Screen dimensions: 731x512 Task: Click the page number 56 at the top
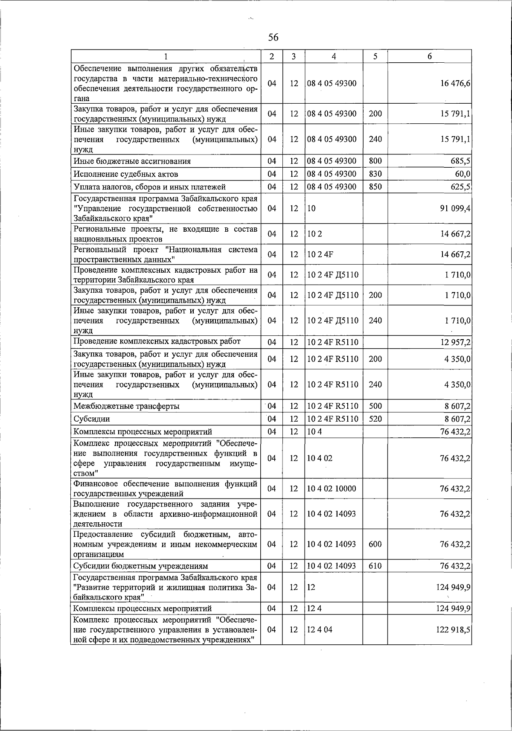click(273, 38)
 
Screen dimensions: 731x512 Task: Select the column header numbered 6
click(429, 56)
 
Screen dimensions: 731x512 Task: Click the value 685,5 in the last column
click(462, 161)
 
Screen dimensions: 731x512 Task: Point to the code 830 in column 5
click(375, 174)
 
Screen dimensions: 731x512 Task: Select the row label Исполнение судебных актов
click(126, 175)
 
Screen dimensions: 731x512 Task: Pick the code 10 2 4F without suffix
click(320, 255)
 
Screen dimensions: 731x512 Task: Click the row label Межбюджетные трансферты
click(126, 406)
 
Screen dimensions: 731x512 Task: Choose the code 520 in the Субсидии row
click(375, 419)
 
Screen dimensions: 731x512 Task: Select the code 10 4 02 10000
click(332, 489)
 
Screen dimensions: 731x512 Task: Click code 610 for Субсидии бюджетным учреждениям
click(375, 566)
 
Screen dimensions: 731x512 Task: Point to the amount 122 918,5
click(453, 630)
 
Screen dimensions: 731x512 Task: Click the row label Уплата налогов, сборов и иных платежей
click(149, 187)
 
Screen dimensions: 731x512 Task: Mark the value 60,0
click(463, 174)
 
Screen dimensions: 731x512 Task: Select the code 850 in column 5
click(375, 187)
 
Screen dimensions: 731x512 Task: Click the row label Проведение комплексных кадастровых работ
click(157, 341)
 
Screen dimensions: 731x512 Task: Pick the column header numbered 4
click(334, 56)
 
